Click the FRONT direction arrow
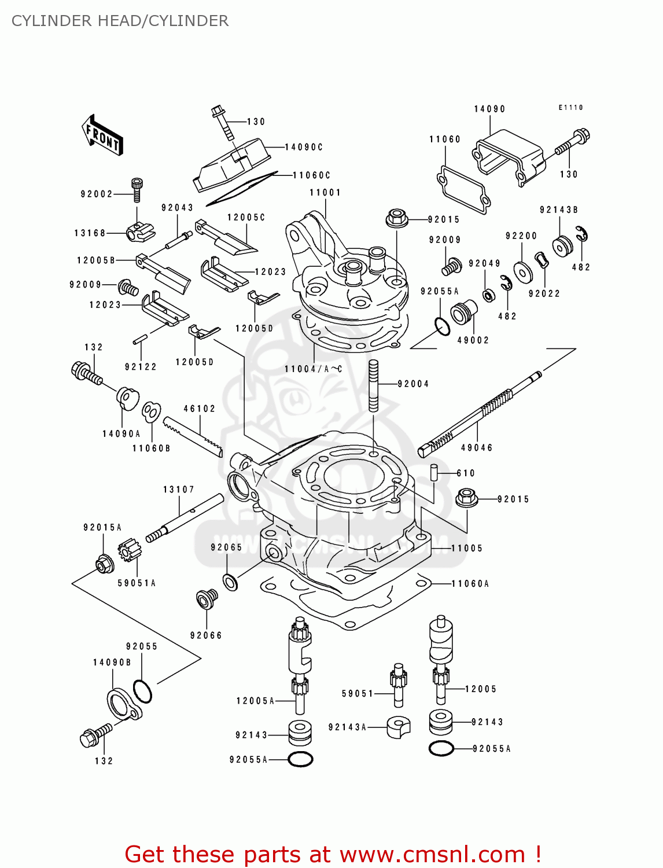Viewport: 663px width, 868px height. [102, 135]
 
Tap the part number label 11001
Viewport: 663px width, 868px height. [325, 193]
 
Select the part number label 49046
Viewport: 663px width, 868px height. [477, 448]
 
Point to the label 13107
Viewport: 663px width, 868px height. [179, 490]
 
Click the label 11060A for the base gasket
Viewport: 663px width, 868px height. [470, 584]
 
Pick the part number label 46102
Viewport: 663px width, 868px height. [200, 409]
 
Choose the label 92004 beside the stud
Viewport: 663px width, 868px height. [413, 384]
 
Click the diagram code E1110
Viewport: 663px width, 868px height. [570, 108]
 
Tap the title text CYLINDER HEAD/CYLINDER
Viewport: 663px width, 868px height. [120, 21]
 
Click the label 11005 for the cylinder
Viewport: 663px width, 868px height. [467, 548]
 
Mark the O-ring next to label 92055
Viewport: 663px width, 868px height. [142, 691]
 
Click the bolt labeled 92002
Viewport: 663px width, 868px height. [137, 189]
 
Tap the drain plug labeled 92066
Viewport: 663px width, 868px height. [207, 599]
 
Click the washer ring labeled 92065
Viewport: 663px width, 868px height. [230, 582]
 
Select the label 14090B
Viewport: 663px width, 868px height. [112, 663]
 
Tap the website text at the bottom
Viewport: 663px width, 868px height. [333, 854]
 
